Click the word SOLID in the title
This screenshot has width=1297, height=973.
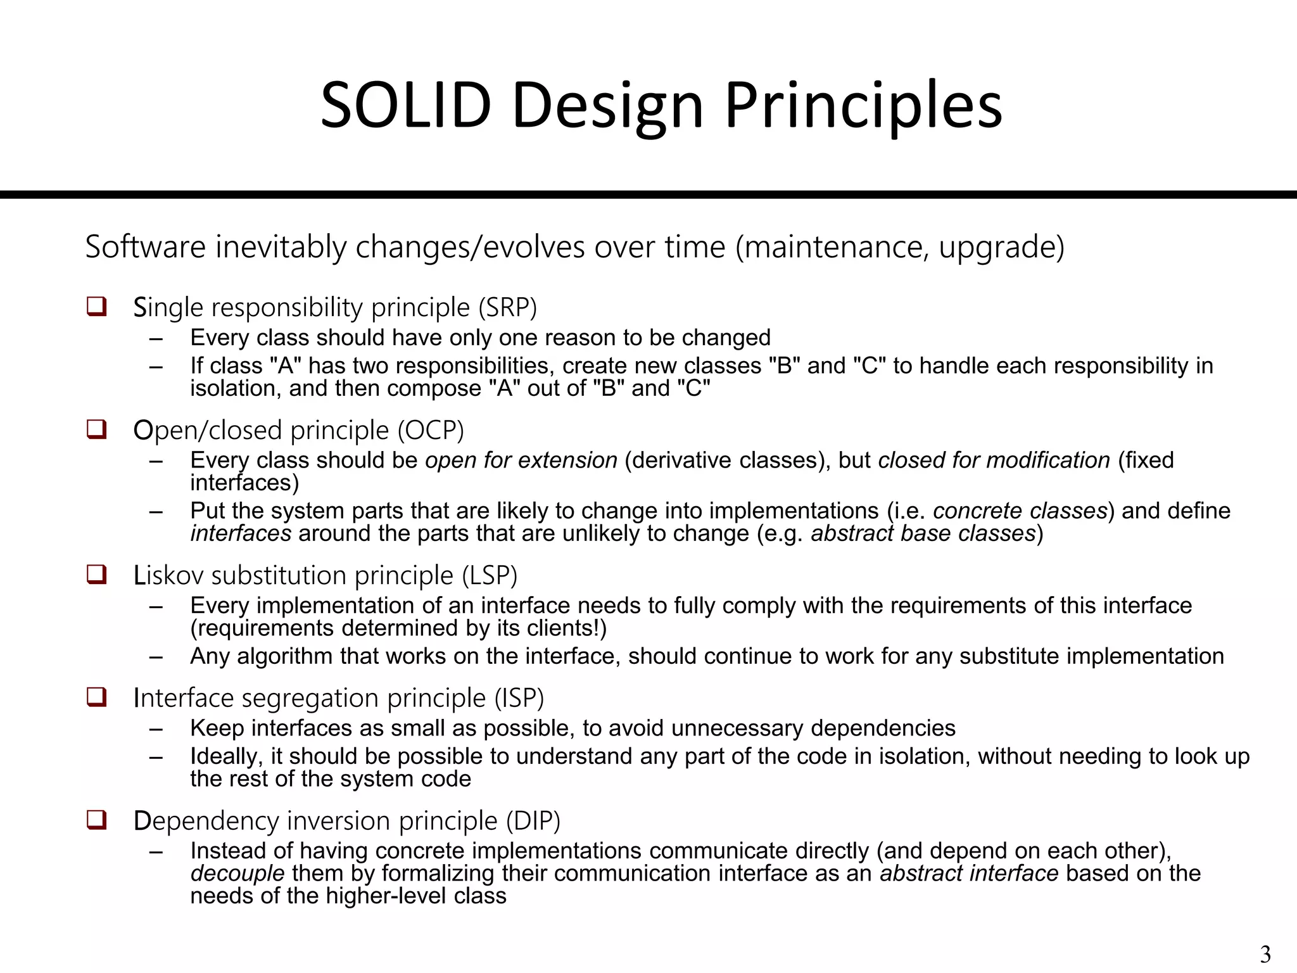pyautogui.click(x=405, y=105)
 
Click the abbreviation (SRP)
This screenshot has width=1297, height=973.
pyautogui.click(x=507, y=307)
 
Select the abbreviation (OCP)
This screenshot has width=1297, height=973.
pyautogui.click(x=431, y=430)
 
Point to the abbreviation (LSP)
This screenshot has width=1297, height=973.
pyautogui.click(x=490, y=575)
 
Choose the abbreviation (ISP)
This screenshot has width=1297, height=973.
pyautogui.click(x=519, y=698)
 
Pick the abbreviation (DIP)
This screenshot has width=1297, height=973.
pyautogui.click(x=533, y=821)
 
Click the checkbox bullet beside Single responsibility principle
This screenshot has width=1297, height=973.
pyautogui.click(x=96, y=307)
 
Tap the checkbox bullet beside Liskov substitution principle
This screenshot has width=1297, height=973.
pyautogui.click(x=96, y=575)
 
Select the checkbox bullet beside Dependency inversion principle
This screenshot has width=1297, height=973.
pyautogui.click(x=96, y=820)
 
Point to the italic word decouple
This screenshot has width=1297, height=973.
pyautogui.click(x=237, y=874)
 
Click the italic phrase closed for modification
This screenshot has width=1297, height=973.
pyautogui.click(x=994, y=460)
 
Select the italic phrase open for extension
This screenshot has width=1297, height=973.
pyautogui.click(x=521, y=460)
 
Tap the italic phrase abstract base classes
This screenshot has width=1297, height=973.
pyautogui.click(x=923, y=533)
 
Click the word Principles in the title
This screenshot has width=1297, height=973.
pyautogui.click(x=863, y=105)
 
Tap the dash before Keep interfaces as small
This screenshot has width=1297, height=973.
pyautogui.click(x=156, y=729)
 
